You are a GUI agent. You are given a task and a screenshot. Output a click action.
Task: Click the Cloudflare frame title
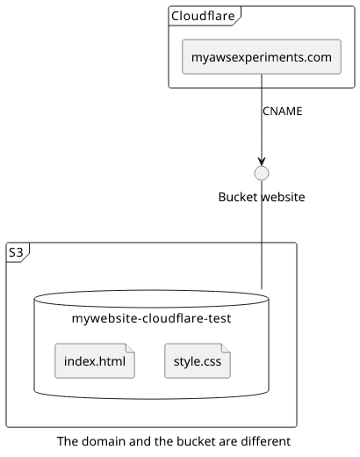[x=203, y=16]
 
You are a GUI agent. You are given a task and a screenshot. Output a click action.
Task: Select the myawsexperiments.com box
[x=262, y=56]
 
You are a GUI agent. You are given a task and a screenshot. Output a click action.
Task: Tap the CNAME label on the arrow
[x=283, y=112]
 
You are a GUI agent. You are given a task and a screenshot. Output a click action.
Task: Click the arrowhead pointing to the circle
[x=262, y=161]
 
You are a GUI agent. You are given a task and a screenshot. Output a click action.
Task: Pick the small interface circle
[x=262, y=173]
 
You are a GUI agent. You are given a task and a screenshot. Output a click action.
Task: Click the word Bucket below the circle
[x=238, y=197]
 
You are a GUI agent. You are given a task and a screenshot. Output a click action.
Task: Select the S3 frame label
[x=16, y=252]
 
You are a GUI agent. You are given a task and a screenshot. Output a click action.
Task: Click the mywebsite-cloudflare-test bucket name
[x=151, y=318]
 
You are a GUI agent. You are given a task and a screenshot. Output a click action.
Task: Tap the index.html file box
[x=95, y=361]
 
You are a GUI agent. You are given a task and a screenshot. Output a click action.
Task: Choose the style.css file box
[x=198, y=361]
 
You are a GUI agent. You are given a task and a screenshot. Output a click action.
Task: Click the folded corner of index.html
[x=130, y=348]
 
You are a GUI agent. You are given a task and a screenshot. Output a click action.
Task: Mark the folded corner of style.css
[x=226, y=348]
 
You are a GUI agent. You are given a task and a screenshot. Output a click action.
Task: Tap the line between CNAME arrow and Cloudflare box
[x=262, y=116]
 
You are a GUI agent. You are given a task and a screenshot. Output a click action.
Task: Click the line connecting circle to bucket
[x=262, y=235]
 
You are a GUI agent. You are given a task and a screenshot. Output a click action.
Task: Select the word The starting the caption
[x=68, y=441]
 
